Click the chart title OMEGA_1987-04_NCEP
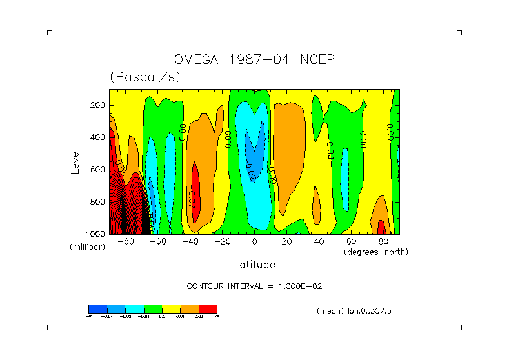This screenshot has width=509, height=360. [254, 60]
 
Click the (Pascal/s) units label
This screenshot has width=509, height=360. [145, 77]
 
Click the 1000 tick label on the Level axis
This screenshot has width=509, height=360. [96, 234]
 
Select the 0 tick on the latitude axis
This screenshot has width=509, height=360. [254, 242]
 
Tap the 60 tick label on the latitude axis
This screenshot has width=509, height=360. [351, 242]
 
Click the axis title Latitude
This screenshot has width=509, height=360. [254, 265]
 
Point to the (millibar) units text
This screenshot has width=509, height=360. [87, 247]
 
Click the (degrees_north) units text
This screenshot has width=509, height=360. [376, 252]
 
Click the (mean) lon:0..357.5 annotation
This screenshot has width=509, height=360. [354, 311]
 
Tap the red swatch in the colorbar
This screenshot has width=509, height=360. [208, 308]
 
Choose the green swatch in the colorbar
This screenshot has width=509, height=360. [153, 308]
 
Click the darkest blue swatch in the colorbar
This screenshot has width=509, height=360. [97, 308]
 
